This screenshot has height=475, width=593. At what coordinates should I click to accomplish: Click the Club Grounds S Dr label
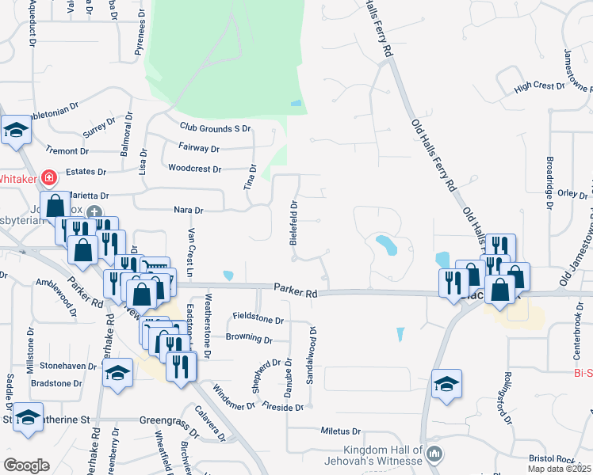coord(215,127)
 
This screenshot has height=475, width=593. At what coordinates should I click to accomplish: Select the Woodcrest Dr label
coord(195,168)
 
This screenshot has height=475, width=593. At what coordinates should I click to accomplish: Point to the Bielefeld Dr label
coord(293,222)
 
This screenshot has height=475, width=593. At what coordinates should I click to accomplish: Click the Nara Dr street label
coord(189,211)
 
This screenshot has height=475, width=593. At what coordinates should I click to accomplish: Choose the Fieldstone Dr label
coord(258,320)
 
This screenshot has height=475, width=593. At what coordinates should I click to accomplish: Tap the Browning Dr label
coord(249,339)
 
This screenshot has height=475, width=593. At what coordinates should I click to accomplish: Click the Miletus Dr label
coord(341,431)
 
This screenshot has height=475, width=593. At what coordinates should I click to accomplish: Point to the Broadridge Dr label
coord(549,182)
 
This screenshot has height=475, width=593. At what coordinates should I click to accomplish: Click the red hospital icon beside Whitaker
coord(50,178)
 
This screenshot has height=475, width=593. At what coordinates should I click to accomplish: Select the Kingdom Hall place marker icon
coord(434,454)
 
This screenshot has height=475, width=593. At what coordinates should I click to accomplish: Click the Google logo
coord(26,465)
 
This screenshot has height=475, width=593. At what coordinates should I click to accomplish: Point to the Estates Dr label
coord(86,172)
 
